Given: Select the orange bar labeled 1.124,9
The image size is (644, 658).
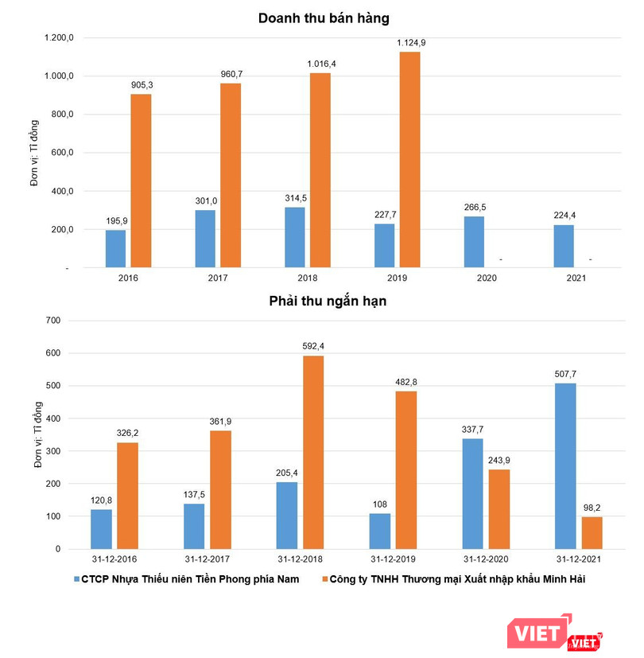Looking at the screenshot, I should click(409, 159).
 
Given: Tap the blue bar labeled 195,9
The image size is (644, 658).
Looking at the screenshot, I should click(115, 249).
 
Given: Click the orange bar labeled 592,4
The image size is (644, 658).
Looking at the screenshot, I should click(314, 452).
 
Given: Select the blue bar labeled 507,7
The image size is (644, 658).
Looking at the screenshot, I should click(565, 466).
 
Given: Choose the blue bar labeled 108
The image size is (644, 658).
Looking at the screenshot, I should click(381, 531).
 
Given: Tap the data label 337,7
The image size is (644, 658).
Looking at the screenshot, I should click(471, 430).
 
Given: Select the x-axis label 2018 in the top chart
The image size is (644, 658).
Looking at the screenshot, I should click(307, 278).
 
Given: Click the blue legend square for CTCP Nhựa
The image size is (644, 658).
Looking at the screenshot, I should click(76, 579).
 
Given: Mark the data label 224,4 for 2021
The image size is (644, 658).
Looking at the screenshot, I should click(564, 215).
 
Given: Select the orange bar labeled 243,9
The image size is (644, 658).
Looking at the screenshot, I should click(499, 509).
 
